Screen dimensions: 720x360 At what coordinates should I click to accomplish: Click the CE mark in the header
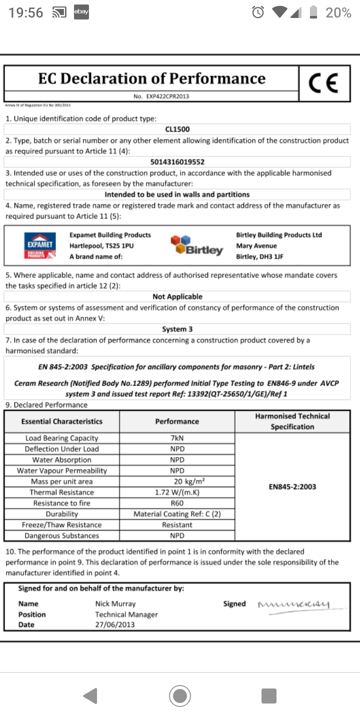click(x=323, y=83)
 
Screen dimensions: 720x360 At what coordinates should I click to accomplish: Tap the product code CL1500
click(x=177, y=129)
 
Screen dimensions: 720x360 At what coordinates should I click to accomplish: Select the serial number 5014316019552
click(x=177, y=162)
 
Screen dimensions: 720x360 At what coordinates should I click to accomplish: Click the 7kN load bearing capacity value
click(x=177, y=438)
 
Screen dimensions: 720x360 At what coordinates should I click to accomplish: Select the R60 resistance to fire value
click(x=177, y=503)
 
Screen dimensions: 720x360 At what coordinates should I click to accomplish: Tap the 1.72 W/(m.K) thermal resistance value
click(x=177, y=492)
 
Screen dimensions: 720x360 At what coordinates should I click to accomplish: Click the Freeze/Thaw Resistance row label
click(x=61, y=525)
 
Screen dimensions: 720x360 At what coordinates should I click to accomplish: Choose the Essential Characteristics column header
click(x=61, y=421)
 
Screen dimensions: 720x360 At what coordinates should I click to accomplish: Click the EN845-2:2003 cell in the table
click(x=292, y=486)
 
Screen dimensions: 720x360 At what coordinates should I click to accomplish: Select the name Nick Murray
click(x=115, y=604)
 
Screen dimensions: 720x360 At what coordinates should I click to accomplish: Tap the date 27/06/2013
click(x=115, y=625)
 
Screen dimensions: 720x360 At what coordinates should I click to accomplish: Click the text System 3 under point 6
click(x=177, y=329)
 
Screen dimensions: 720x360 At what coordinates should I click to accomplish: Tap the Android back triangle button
click(x=90, y=695)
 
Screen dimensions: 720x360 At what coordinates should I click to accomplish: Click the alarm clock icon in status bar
click(x=258, y=12)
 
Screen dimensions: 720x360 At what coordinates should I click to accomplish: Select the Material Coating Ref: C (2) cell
click(x=177, y=514)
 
